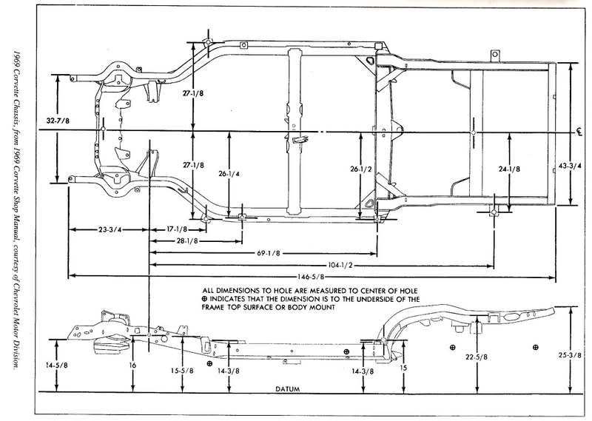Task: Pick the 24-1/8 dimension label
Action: point(509,169)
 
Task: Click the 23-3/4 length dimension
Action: point(109,229)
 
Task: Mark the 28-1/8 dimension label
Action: point(191,240)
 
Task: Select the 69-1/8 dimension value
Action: point(270,253)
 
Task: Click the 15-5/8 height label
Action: point(179,370)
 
